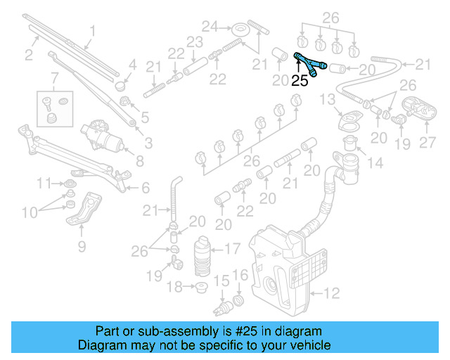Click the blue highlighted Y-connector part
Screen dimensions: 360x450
coord(307,63)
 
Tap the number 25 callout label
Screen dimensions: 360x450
coord(300,81)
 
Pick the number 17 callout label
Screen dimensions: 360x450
coord(233,248)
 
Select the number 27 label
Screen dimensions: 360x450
coord(427,143)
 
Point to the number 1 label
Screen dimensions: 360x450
coord(92,31)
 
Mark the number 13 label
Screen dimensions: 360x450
coord(328,101)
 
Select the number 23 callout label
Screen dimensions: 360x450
coord(194,42)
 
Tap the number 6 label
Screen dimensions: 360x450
coord(146,188)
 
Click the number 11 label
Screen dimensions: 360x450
coord(44,184)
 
